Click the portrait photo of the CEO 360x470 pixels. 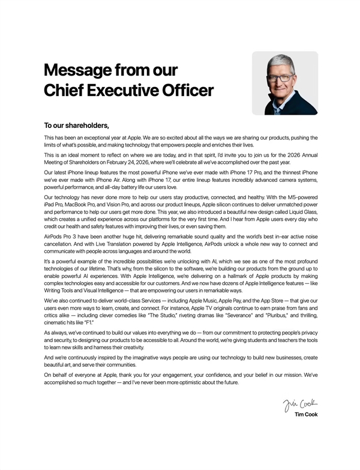284,83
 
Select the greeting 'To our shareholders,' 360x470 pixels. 76,125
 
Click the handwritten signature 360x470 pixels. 301,402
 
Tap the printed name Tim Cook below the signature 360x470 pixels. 306,414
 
